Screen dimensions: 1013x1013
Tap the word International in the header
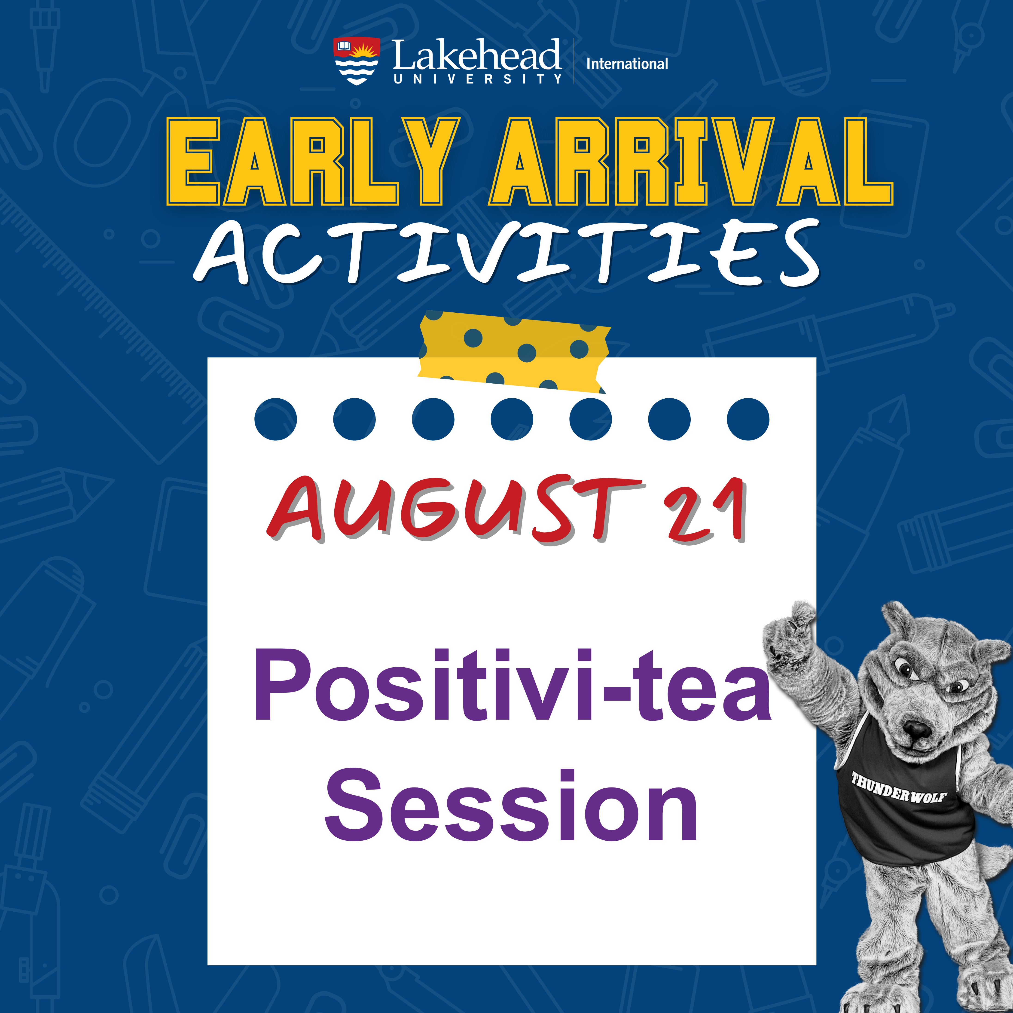627,64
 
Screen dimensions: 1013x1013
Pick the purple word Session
511,805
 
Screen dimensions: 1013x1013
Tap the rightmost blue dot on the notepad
748,419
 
